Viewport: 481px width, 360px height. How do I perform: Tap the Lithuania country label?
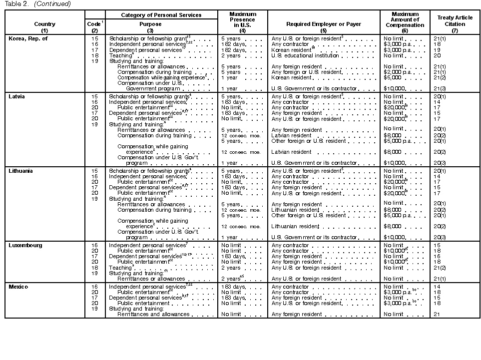(x=21, y=171)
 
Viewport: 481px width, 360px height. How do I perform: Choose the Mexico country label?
(x=18, y=287)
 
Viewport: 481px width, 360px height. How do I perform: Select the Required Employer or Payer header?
(x=323, y=24)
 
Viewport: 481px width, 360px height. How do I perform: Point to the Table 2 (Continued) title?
(x=37, y=4)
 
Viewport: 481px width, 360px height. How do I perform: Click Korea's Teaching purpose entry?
(x=121, y=56)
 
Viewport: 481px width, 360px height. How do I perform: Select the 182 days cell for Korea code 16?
(x=231, y=44)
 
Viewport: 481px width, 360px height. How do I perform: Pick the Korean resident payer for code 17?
(x=292, y=50)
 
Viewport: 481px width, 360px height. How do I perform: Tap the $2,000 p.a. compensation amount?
(x=398, y=72)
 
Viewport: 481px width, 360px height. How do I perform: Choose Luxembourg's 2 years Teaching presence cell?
(x=230, y=268)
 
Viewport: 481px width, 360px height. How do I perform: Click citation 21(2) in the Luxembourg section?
(x=440, y=268)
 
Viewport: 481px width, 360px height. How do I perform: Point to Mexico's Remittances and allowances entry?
(x=153, y=314)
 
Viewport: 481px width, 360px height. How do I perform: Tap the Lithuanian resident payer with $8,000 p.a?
(x=295, y=210)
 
